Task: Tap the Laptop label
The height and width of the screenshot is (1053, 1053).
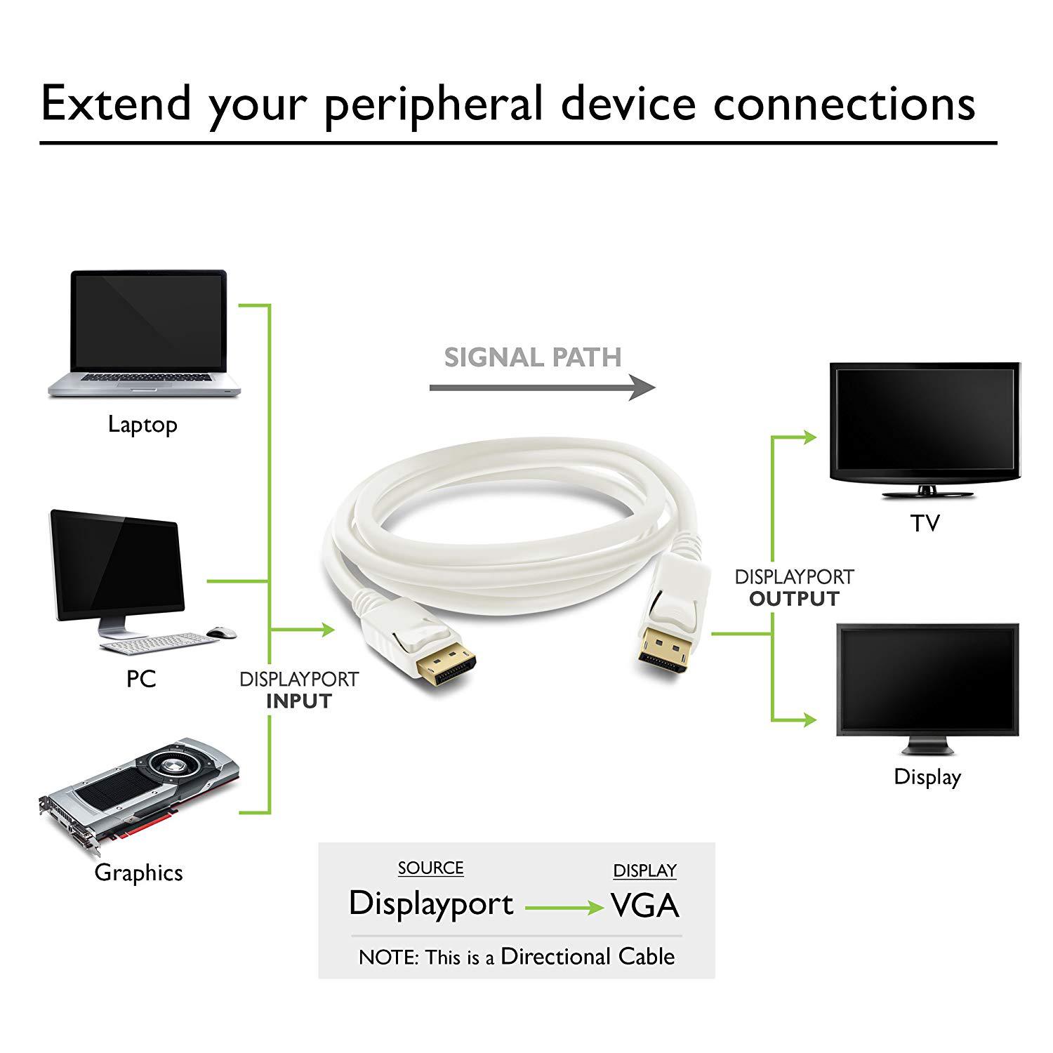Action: point(143,425)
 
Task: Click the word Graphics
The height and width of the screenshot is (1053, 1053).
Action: point(139,873)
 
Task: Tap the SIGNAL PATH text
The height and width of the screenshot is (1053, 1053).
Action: point(533,357)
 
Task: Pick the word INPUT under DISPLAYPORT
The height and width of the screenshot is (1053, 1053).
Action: point(298,701)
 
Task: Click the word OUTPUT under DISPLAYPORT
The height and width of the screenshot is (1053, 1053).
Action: point(794,599)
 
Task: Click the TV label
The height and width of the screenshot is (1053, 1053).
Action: point(925,523)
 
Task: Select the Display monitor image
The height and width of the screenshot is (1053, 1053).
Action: point(927,681)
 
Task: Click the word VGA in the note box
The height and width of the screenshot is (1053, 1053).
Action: point(644,905)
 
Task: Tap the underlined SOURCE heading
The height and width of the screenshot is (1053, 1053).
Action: point(430,868)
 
